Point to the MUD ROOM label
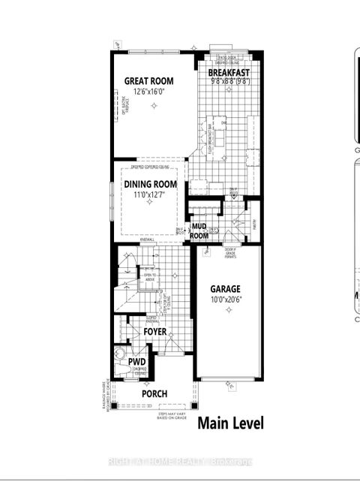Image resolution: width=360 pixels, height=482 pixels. tap(199, 230)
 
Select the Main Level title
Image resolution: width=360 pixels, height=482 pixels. tap(230, 423)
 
